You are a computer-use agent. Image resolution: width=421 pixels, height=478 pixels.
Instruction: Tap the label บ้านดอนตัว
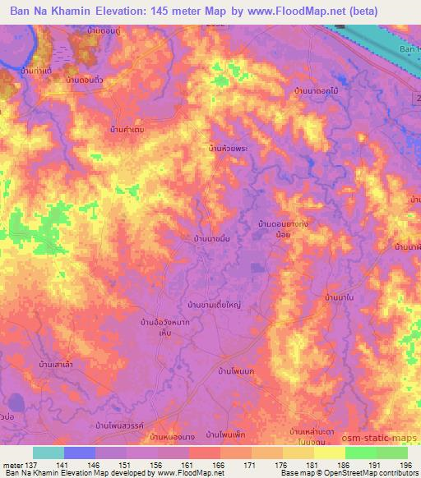click(82, 81)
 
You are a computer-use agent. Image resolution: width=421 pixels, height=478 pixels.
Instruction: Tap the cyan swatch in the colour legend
click(49, 453)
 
